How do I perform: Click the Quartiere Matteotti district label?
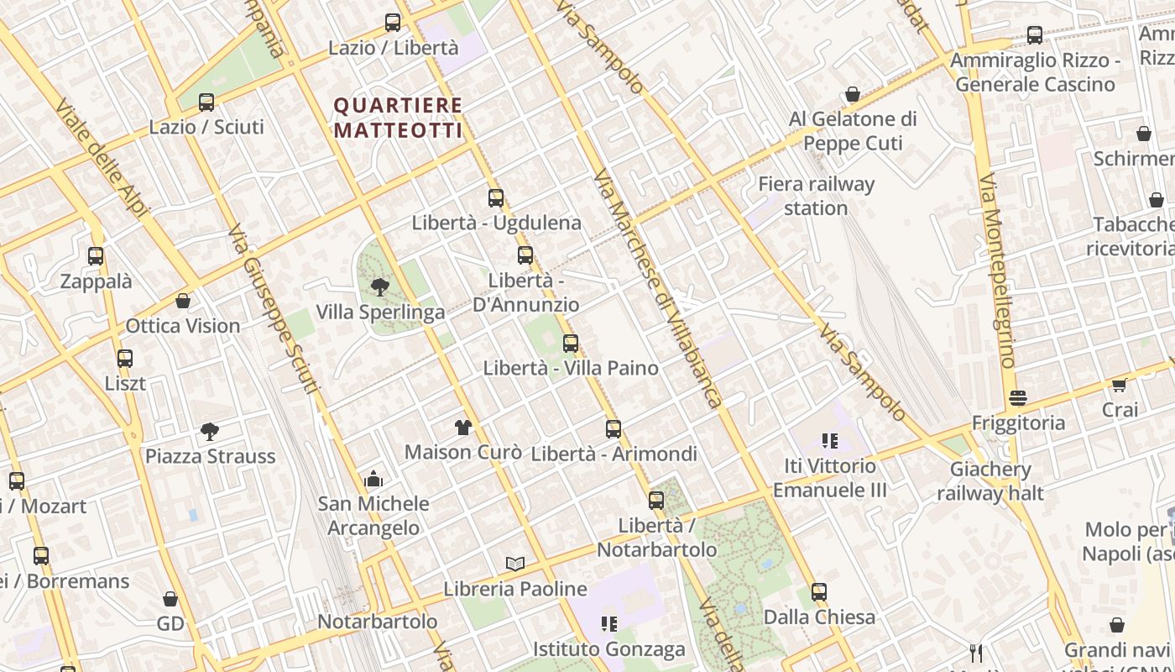coord(398,118)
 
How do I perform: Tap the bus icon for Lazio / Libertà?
coord(393,23)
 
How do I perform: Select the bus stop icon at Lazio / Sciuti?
coord(206,102)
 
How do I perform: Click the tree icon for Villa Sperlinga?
coord(379,287)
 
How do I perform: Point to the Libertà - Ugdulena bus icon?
coord(496,198)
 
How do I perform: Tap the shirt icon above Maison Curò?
coord(462,428)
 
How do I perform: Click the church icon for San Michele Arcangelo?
coord(373,480)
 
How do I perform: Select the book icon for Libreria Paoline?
coord(514,564)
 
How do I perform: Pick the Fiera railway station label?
coord(816,196)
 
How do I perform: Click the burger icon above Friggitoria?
coord(1018,398)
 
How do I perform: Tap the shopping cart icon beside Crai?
coord(1119,385)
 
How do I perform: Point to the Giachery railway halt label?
coord(990,480)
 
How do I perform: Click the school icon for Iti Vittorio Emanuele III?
coord(830,441)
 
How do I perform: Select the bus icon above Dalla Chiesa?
coord(819,592)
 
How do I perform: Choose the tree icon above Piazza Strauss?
coord(210,432)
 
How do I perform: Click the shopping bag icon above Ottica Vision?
coord(183,301)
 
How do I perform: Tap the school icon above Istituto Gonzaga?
coord(609,624)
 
